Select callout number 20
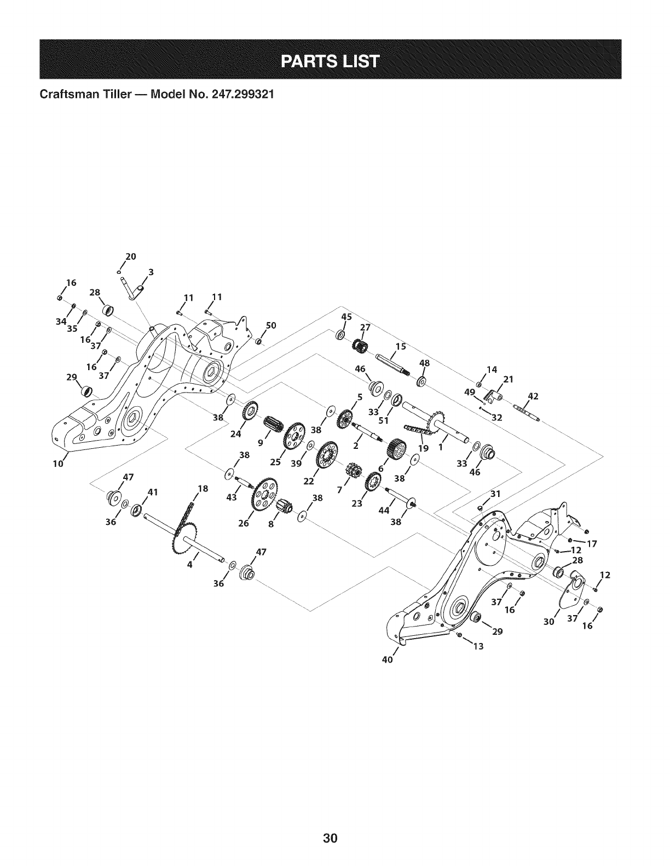pyautogui.click(x=130, y=256)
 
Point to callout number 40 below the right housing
pyautogui.click(x=388, y=658)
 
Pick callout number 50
pyautogui.click(x=270, y=325)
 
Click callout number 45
pyautogui.click(x=346, y=317)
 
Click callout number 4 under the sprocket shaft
pyautogui.click(x=189, y=565)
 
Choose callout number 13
pyautogui.click(x=478, y=646)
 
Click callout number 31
pyautogui.click(x=495, y=493)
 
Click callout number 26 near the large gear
pyautogui.click(x=244, y=524)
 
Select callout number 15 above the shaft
pyautogui.click(x=401, y=346)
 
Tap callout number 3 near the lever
pyautogui.click(x=151, y=272)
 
